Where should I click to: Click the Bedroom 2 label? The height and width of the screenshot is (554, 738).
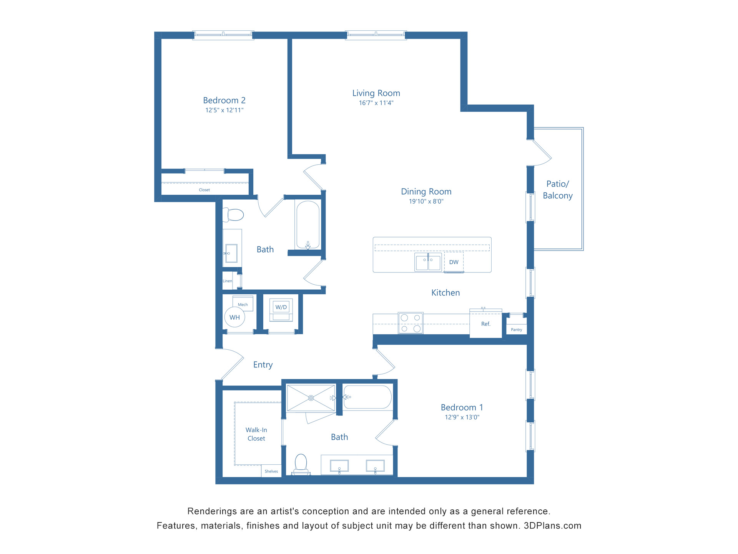point(224,100)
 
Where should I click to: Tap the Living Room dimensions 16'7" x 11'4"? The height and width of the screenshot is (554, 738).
point(376,103)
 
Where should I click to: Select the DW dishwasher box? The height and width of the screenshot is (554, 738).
point(454,262)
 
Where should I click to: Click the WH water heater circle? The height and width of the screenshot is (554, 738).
point(234,317)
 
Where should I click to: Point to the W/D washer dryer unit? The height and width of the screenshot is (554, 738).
point(281,310)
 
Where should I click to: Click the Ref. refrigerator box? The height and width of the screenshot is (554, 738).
point(486,324)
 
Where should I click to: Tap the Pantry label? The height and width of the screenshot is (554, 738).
point(516,330)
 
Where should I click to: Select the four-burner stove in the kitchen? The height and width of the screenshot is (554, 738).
point(411,323)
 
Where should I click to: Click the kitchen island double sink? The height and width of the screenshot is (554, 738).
point(428,262)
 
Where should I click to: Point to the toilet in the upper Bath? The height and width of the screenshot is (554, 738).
point(234,215)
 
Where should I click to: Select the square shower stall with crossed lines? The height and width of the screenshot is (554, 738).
point(311,398)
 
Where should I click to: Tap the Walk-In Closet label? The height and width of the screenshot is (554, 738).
point(256,434)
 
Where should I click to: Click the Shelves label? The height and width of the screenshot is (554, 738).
point(271,471)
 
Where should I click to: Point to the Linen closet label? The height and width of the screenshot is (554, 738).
point(227,281)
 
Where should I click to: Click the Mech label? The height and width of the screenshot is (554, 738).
point(243,304)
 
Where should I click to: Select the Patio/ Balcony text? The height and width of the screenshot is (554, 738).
point(557,190)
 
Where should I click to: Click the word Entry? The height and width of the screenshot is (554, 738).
point(263,365)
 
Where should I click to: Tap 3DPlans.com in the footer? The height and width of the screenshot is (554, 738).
point(552,526)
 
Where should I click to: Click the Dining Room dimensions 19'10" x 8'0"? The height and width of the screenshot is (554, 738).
point(426,202)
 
